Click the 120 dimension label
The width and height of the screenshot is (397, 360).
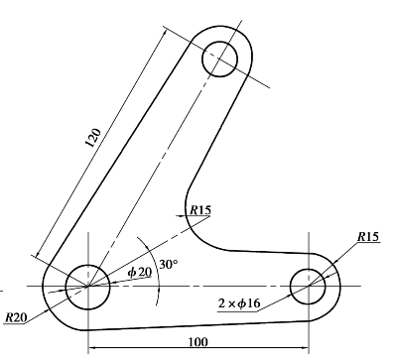click(x=93, y=138)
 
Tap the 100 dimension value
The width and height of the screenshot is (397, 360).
click(x=198, y=342)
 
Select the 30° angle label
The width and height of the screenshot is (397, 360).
click(x=169, y=265)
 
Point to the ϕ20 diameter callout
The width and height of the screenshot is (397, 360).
click(x=140, y=272)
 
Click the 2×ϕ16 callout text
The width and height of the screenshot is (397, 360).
click(x=239, y=302)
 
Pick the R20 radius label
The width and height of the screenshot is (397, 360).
click(x=16, y=318)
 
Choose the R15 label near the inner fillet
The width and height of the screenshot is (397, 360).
click(x=199, y=210)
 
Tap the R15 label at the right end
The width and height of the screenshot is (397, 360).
click(x=368, y=237)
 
